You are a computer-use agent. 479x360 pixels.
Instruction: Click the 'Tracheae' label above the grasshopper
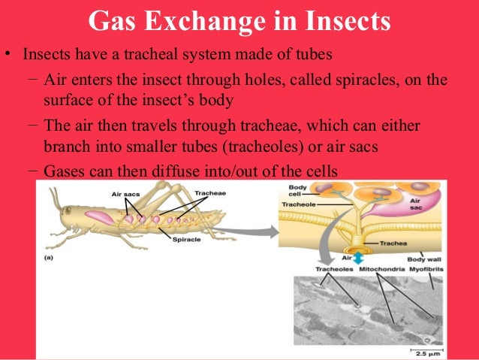[x=209, y=192]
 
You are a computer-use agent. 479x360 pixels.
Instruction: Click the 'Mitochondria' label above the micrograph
[x=379, y=268]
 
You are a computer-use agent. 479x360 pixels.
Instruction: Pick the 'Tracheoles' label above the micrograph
[x=333, y=268]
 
